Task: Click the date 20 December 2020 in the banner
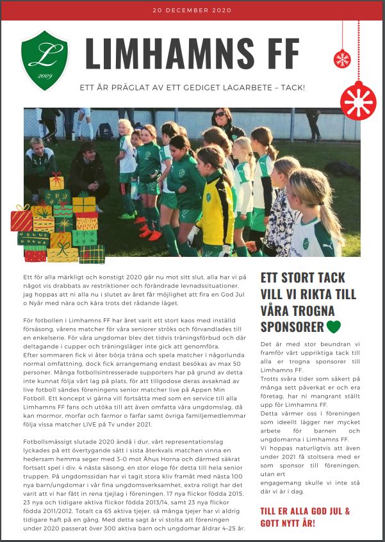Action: point(192,10)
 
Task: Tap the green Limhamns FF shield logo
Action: point(44,61)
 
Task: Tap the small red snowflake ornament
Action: point(342,60)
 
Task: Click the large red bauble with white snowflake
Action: point(358,99)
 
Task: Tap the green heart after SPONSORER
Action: point(333,327)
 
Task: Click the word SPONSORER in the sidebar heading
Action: point(292,327)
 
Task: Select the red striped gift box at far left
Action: point(20,218)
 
